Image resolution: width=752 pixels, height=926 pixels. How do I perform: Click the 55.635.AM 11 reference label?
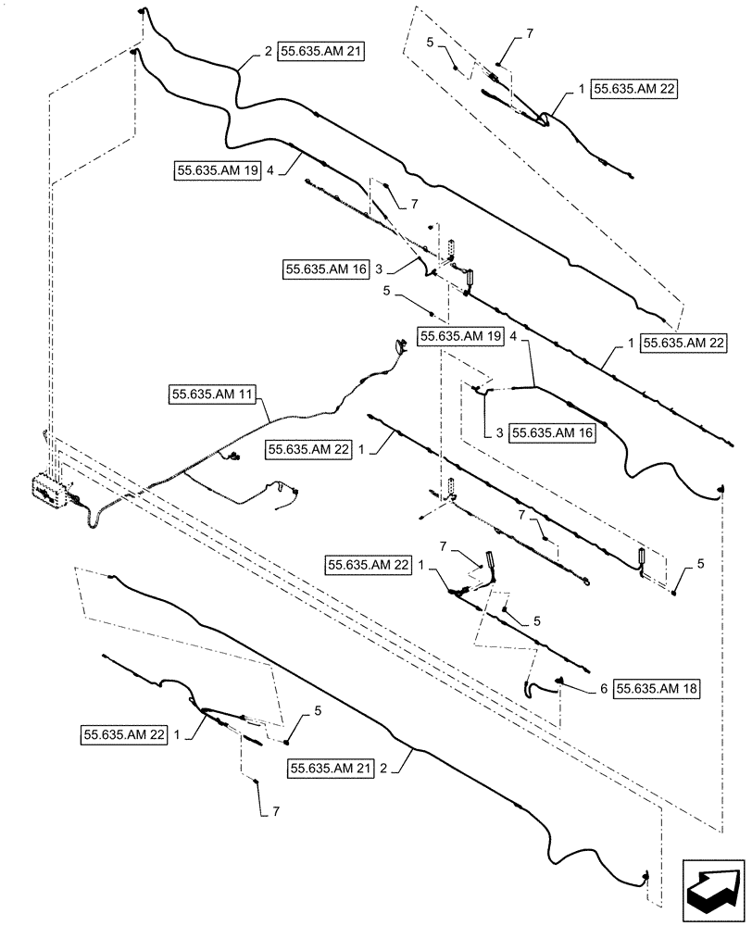coord(213,394)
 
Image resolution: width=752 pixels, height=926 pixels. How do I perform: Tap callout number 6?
coord(603,688)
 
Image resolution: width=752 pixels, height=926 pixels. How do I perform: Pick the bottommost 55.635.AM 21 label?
coord(332,768)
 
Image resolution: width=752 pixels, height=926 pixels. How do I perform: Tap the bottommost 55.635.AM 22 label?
coord(124,734)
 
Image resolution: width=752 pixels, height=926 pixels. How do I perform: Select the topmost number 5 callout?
coord(431,43)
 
